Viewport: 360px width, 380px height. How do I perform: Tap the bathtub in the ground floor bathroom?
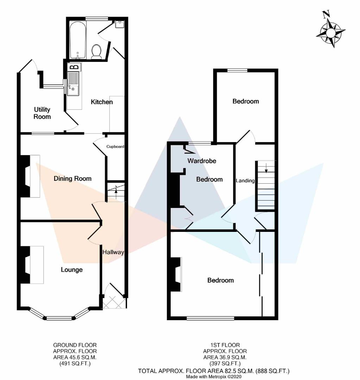77,40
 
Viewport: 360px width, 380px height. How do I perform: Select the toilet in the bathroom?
96,52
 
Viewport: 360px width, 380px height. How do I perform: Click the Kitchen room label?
102,102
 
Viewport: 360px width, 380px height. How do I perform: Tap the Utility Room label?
42,113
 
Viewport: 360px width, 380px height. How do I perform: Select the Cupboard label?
115,147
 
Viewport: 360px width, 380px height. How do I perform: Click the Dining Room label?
72,179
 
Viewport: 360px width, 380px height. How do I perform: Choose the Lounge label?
71,270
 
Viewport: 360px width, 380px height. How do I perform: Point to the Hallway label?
113,252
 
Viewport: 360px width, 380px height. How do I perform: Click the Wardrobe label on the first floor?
202,161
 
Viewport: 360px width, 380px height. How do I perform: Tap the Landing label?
245,181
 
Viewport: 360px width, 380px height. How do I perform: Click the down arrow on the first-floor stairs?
266,168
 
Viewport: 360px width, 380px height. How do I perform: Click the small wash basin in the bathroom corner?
120,25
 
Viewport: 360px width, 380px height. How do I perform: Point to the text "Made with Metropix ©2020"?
214,376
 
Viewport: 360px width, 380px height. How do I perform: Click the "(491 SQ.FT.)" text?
75,363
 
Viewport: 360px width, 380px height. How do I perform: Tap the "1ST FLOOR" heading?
225,345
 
